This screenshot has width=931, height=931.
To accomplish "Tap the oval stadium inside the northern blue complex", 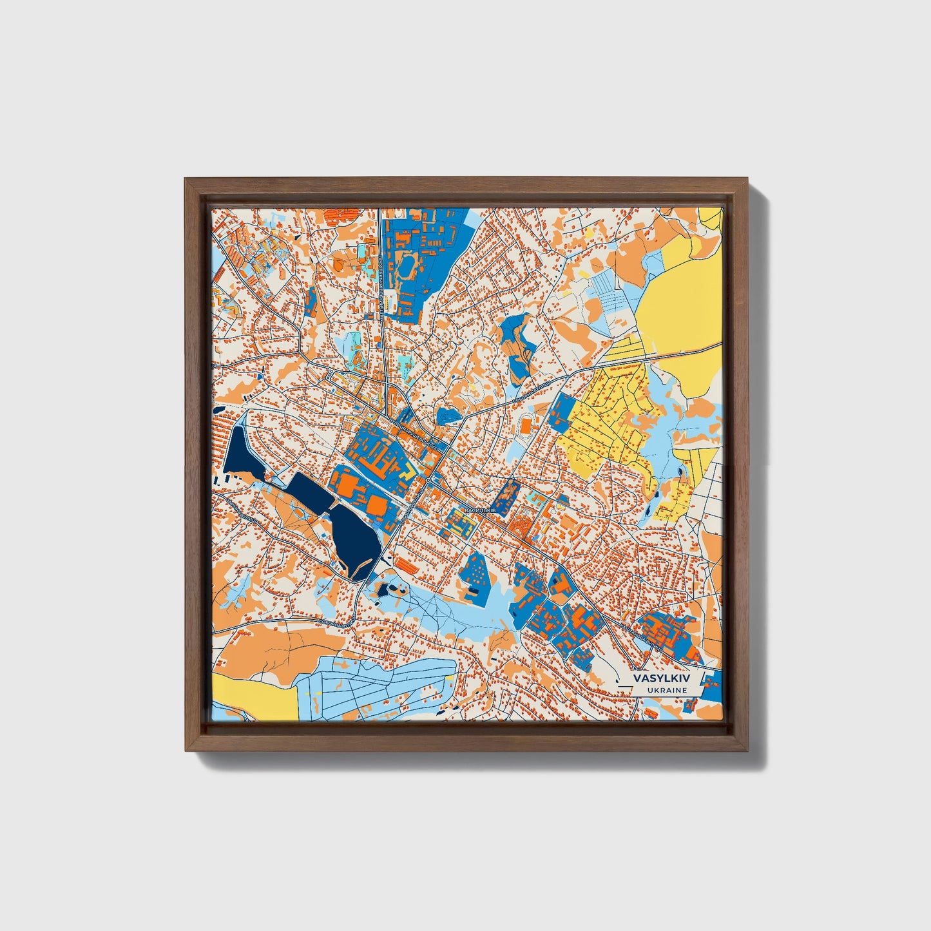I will click(410, 266).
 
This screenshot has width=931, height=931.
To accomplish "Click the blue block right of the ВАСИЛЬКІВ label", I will click(506, 495).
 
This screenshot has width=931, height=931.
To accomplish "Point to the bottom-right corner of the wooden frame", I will click(749, 750).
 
